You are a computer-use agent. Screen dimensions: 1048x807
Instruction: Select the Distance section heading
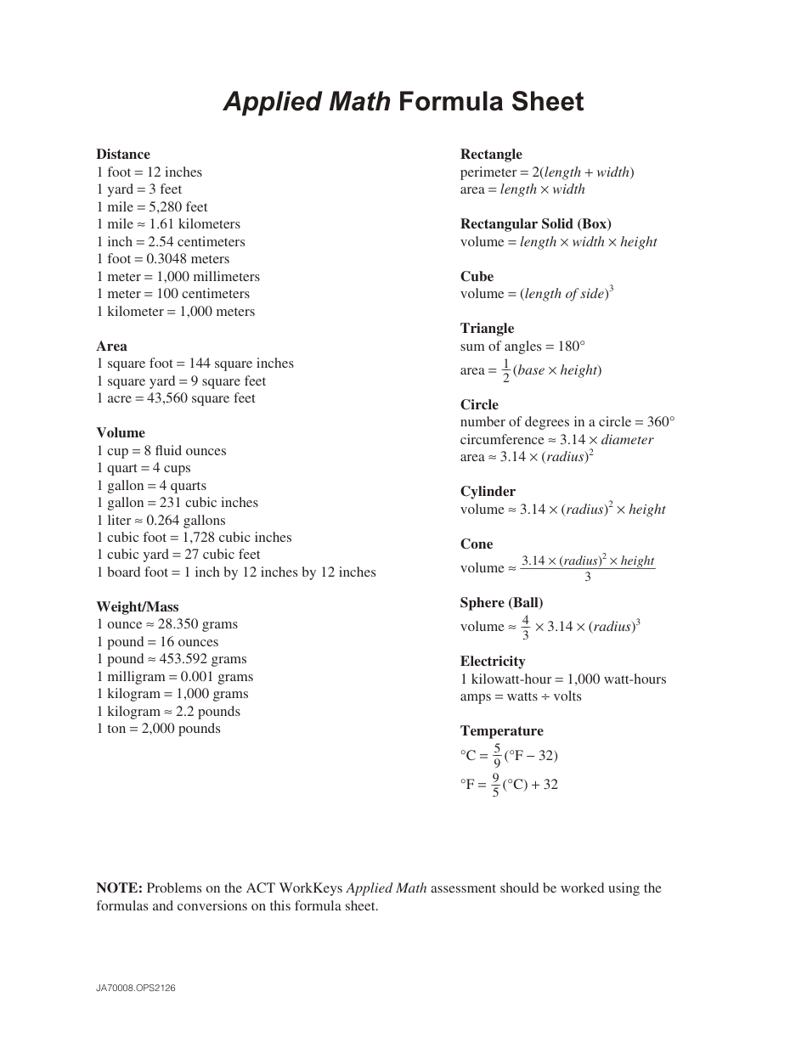pyautogui.click(x=123, y=155)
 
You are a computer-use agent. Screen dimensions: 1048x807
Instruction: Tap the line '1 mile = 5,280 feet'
pyautogui.click(x=152, y=206)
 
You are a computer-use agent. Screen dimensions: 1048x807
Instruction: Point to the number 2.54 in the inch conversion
pyautogui.click(x=161, y=242)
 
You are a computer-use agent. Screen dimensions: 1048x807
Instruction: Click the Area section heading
pyautogui.click(x=112, y=346)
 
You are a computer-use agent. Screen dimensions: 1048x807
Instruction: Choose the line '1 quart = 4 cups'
pyautogui.click(x=144, y=468)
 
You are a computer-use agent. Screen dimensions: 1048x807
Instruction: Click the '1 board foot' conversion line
pyautogui.click(x=236, y=572)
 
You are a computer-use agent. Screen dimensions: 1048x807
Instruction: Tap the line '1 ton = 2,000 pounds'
pyautogui.click(x=159, y=729)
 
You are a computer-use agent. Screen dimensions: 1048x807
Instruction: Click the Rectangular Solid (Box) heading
pyautogui.click(x=536, y=224)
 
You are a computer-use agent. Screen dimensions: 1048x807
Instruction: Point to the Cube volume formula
pyautogui.click(x=537, y=294)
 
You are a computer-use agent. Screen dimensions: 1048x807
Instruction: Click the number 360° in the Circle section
pyautogui.click(x=661, y=422)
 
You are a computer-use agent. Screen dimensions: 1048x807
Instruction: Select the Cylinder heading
pyautogui.click(x=488, y=492)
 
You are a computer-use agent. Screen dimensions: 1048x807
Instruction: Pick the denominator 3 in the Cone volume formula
pyautogui.click(x=588, y=578)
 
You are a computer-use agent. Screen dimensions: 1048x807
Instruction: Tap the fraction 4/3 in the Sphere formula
pyautogui.click(x=525, y=627)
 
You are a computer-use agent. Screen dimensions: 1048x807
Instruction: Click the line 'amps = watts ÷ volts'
pyautogui.click(x=521, y=696)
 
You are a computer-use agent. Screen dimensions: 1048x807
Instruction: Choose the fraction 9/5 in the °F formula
pyautogui.click(x=496, y=785)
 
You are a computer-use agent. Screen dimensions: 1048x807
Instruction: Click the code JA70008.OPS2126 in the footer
pyautogui.click(x=136, y=989)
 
